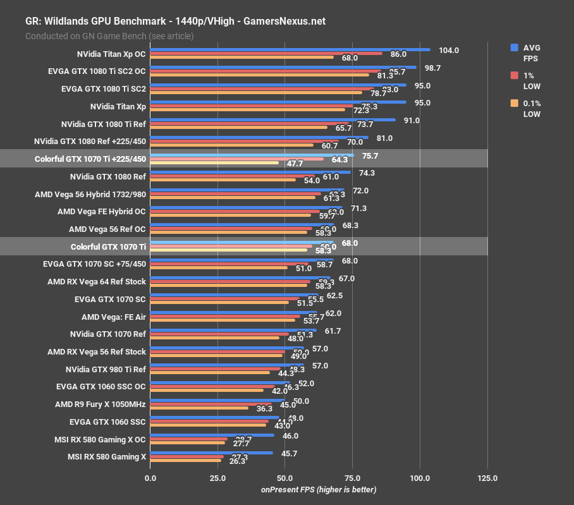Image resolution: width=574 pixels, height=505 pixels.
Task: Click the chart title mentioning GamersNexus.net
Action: point(175,21)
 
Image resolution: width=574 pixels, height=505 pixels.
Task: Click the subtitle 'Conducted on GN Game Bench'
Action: point(109,36)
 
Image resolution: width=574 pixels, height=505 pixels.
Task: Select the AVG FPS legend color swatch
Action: point(515,47)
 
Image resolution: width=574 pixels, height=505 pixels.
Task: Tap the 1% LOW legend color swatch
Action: point(515,75)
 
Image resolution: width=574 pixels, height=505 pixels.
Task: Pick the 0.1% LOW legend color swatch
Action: point(515,103)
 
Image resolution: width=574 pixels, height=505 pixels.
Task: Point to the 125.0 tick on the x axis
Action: point(487,478)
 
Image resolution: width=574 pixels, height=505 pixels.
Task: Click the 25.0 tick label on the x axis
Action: point(217,478)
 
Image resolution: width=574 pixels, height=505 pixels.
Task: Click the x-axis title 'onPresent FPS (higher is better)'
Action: point(319,490)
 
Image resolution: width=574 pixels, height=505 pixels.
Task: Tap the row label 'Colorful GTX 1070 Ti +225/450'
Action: point(90,159)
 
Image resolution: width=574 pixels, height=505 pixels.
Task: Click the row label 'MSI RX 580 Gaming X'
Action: point(107,456)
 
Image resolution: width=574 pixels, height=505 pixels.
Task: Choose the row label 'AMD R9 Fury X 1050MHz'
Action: point(101,404)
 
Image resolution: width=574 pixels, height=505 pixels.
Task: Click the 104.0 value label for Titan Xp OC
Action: point(449,51)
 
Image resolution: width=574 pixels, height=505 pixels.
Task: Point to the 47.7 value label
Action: point(295,163)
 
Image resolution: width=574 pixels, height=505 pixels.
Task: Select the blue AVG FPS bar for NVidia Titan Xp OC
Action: point(290,49)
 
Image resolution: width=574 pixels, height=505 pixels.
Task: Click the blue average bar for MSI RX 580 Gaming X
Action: point(211,452)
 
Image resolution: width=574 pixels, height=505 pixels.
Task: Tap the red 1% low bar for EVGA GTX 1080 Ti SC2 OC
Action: point(266,71)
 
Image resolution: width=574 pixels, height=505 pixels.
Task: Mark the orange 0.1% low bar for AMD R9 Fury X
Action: point(199,408)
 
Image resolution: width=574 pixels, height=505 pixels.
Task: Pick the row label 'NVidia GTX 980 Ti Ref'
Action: point(106,369)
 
